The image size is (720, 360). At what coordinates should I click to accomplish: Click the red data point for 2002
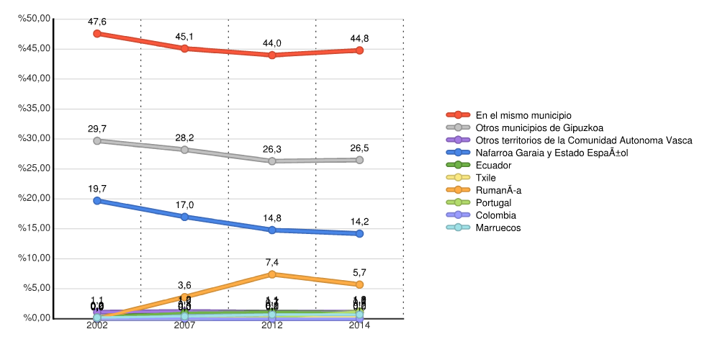click(x=97, y=33)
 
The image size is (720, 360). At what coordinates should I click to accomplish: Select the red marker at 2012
click(x=272, y=55)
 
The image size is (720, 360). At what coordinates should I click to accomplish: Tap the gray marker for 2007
click(x=184, y=150)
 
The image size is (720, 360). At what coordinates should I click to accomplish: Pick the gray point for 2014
click(x=359, y=160)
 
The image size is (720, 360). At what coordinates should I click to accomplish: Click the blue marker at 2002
click(x=97, y=201)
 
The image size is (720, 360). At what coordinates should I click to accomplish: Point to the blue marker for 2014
click(x=359, y=233)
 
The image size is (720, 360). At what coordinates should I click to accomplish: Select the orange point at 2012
click(x=272, y=274)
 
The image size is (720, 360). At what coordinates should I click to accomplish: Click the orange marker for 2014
click(x=359, y=284)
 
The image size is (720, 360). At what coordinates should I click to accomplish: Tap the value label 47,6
click(x=97, y=22)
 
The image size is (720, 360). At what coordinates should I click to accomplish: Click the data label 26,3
click(x=272, y=150)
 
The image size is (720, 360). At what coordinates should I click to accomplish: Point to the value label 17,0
click(x=184, y=205)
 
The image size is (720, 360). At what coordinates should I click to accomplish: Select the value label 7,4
click(x=272, y=263)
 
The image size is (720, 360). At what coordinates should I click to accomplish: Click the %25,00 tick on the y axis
click(x=35, y=168)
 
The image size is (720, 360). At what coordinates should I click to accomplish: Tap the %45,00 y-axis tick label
click(x=35, y=48)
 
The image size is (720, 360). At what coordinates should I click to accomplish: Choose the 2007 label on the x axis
click(x=184, y=326)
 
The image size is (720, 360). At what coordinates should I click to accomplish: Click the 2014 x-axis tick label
click(x=359, y=326)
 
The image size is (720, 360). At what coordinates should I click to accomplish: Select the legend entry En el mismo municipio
click(x=523, y=115)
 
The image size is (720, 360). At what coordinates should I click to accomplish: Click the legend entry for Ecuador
click(x=493, y=166)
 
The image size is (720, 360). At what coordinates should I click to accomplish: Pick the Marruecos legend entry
click(x=498, y=228)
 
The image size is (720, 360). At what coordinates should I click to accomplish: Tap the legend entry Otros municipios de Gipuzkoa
click(x=539, y=127)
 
